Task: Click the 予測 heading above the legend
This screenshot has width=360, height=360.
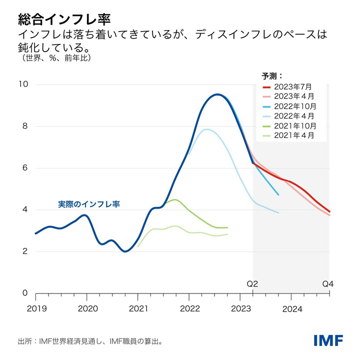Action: [x=272, y=76]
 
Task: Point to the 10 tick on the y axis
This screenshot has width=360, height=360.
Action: [x=23, y=84]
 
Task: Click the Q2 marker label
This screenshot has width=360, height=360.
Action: [x=252, y=284]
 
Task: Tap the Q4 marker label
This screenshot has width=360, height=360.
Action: [x=327, y=284]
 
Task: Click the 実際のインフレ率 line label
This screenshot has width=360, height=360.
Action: [x=89, y=204]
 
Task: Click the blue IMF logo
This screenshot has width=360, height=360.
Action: [x=328, y=340]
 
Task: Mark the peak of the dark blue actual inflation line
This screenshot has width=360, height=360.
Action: [x=217, y=94]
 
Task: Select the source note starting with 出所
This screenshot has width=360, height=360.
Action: [x=90, y=342]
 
